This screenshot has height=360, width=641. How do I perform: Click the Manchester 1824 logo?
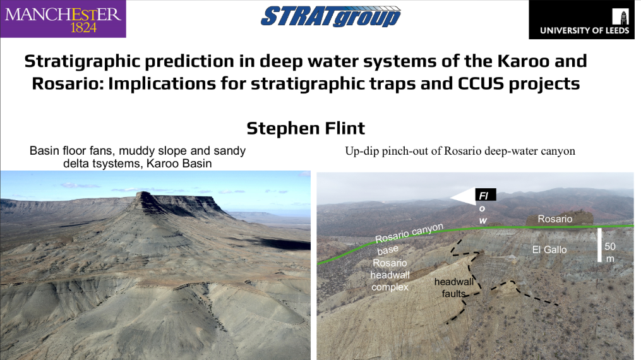click(x=63, y=19)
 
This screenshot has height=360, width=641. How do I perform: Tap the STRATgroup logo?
click(x=331, y=16)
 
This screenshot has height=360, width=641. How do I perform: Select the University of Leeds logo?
click(x=585, y=20)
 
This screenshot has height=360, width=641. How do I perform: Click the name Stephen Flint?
click(x=306, y=128)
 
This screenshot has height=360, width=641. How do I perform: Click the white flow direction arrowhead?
click(x=462, y=197)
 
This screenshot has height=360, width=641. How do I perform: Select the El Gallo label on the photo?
click(x=549, y=249)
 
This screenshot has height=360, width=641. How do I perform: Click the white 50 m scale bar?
click(x=599, y=245)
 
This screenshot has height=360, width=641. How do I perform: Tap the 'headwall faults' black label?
click(x=454, y=287)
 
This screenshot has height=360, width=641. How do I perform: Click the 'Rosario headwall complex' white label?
click(x=390, y=275)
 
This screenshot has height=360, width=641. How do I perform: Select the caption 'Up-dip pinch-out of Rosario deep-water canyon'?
click(x=460, y=151)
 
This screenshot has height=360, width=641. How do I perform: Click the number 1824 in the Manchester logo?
click(x=83, y=28)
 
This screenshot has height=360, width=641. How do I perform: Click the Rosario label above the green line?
click(x=554, y=219)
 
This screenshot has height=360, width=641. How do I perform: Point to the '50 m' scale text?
click(x=610, y=253)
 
